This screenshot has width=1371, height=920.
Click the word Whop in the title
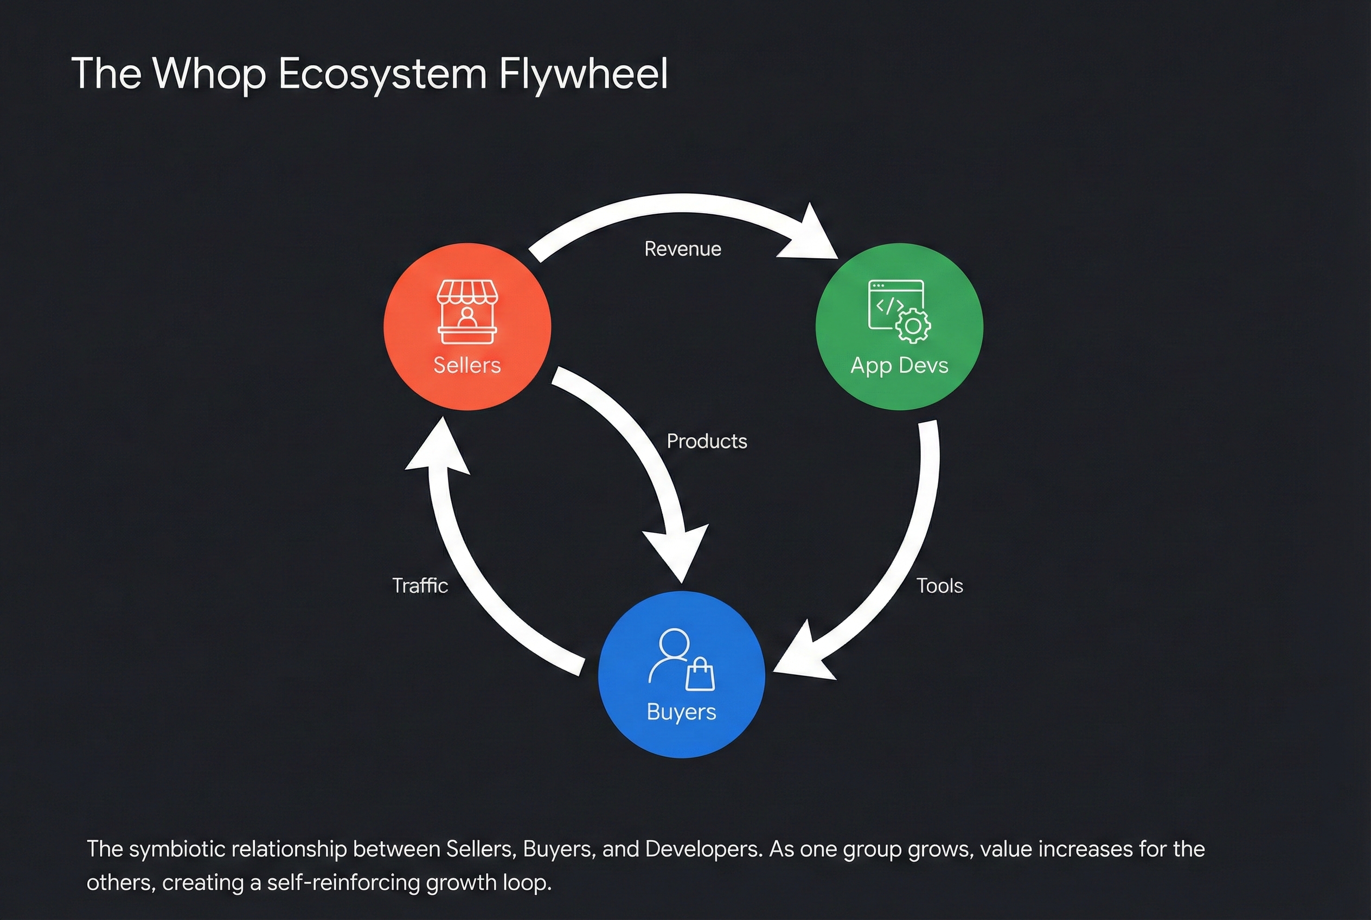[209, 74]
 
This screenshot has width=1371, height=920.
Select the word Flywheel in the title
[583, 74]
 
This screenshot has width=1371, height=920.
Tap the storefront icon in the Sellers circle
[467, 311]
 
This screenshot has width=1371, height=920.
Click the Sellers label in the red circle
[467, 365]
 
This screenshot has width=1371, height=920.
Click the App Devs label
[899, 365]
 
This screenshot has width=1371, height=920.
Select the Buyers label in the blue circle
[681, 712]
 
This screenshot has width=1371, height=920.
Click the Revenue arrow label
[683, 249]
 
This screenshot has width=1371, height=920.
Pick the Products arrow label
[707, 441]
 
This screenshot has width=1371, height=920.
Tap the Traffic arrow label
[420, 585]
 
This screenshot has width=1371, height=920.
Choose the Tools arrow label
[940, 585]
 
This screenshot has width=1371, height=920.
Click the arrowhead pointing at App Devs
[810, 235]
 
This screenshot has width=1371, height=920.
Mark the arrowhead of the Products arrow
[677, 552]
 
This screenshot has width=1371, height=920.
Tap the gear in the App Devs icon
[913, 325]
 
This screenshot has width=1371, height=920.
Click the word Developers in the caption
[703, 849]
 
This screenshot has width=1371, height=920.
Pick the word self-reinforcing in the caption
[343, 883]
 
